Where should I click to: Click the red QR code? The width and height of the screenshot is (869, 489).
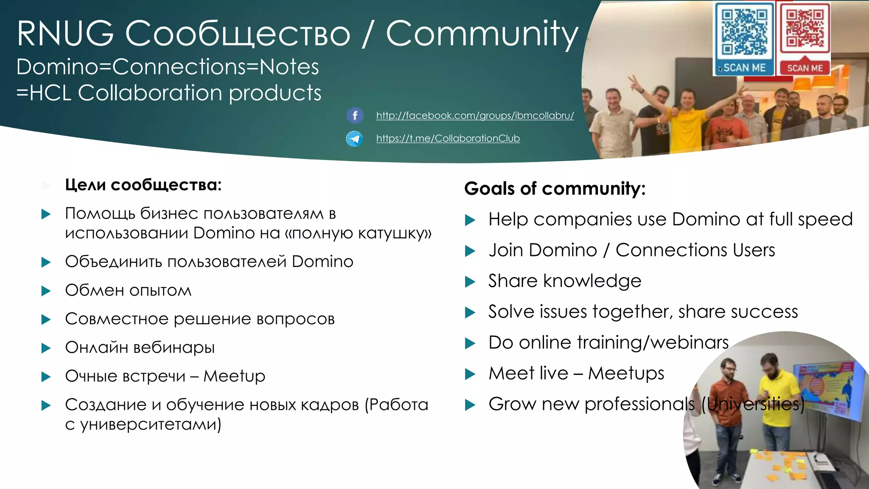[805, 28]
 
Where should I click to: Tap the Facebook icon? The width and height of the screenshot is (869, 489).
[355, 115]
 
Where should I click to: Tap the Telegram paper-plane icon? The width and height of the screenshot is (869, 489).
[354, 138]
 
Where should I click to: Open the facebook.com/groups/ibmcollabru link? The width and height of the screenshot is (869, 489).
[475, 115]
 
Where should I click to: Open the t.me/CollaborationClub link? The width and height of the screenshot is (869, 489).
[448, 138]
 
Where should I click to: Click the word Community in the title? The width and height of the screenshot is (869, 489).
[482, 34]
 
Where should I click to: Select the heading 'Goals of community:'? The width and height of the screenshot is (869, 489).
[555, 188]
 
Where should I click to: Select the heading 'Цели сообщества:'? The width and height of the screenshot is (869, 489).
[143, 185]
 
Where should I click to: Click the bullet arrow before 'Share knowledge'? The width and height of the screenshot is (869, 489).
[470, 281]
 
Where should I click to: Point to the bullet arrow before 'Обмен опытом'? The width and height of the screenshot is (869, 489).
[46, 291]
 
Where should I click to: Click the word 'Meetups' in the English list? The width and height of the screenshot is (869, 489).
[626, 374]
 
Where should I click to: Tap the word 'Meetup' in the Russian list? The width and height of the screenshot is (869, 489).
[234, 376]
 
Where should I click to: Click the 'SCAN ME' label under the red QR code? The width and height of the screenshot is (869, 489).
[805, 68]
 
